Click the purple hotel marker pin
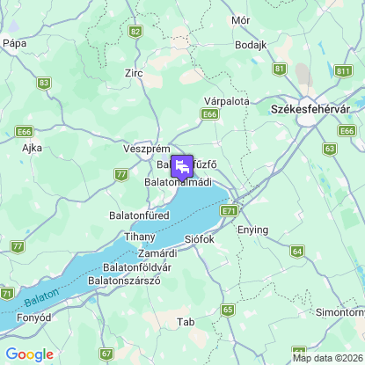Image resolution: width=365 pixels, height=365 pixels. coord(182,166)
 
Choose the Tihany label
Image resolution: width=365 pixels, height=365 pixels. coord(140,237)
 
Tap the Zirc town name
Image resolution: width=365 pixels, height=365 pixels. coord(134,73)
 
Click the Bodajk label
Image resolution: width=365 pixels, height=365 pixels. coord(251,45)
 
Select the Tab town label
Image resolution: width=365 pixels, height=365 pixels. coord(185,322)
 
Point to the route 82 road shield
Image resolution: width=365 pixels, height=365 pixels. coord(135,31)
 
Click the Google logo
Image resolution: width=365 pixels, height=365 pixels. coord(29,354)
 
